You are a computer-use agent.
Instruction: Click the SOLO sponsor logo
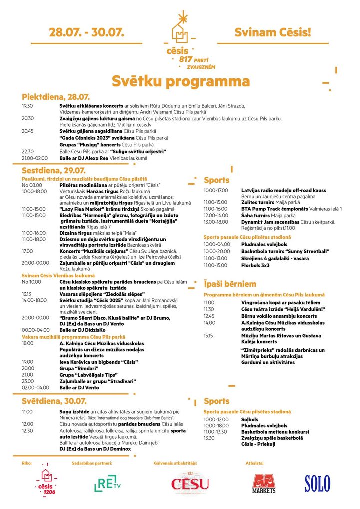(317, 483)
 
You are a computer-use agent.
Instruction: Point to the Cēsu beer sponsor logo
(190, 483)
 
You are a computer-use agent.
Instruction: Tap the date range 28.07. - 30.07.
(86, 33)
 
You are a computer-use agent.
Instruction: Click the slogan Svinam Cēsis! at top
(272, 33)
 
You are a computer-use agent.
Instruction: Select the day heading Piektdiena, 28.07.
(56, 97)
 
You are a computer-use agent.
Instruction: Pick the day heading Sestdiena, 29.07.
(54, 171)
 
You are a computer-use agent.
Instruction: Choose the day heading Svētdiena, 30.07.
(54, 401)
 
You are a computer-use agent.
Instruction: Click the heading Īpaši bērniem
(230, 284)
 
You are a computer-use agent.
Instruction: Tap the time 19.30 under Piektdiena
(27, 106)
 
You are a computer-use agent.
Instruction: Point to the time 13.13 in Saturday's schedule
(26, 294)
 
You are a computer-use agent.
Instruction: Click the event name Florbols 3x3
(255, 265)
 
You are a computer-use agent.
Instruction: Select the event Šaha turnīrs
(256, 215)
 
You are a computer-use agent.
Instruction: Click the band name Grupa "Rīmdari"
(75, 368)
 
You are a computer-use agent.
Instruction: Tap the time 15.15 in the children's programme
(208, 336)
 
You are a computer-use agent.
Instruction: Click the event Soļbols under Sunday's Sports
(250, 419)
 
